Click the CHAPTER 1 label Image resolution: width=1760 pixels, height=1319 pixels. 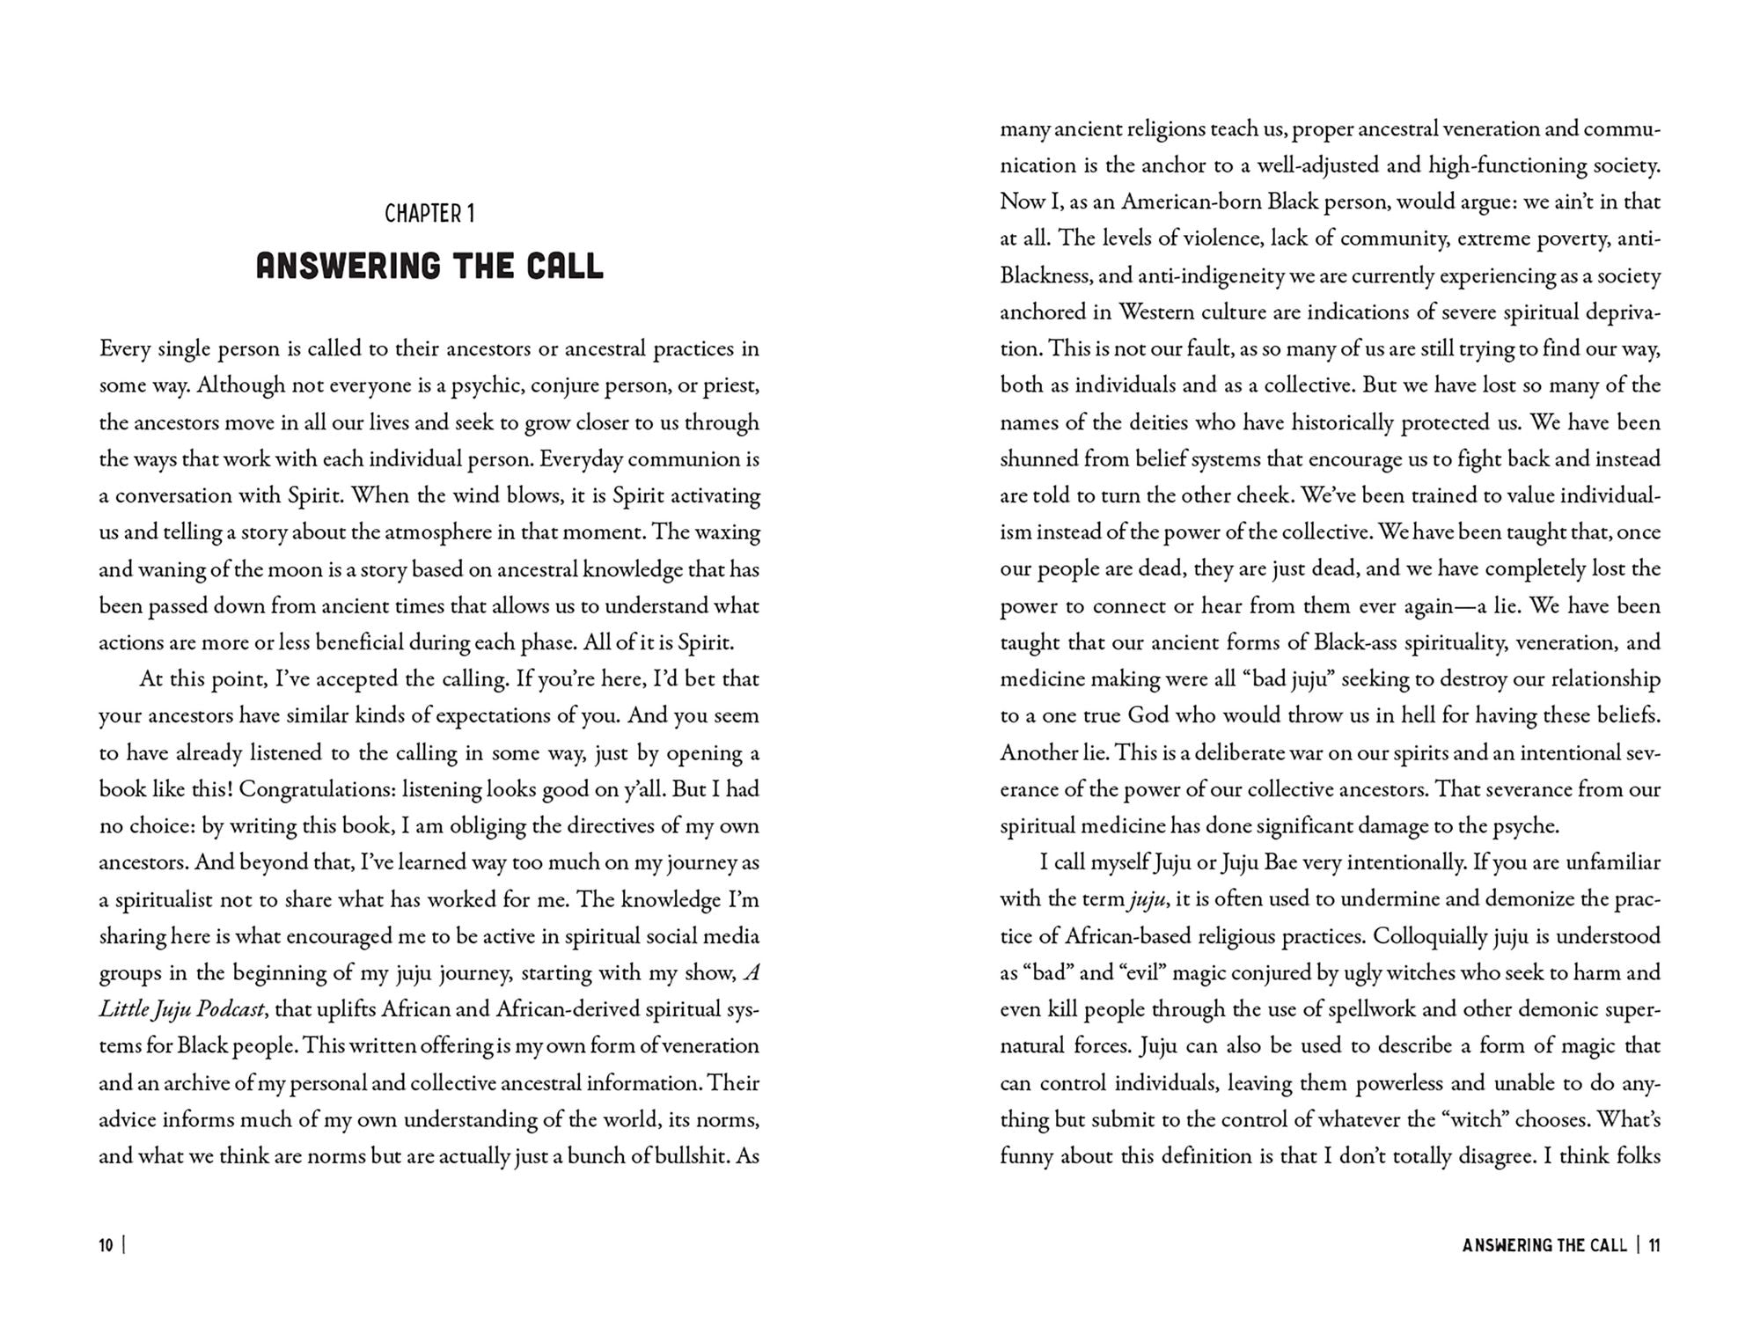(429, 214)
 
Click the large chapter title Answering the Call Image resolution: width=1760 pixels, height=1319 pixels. (429, 266)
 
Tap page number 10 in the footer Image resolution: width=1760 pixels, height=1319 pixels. (106, 1245)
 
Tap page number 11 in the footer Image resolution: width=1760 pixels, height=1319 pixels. (1654, 1245)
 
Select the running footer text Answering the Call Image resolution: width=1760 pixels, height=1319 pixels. (1544, 1245)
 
